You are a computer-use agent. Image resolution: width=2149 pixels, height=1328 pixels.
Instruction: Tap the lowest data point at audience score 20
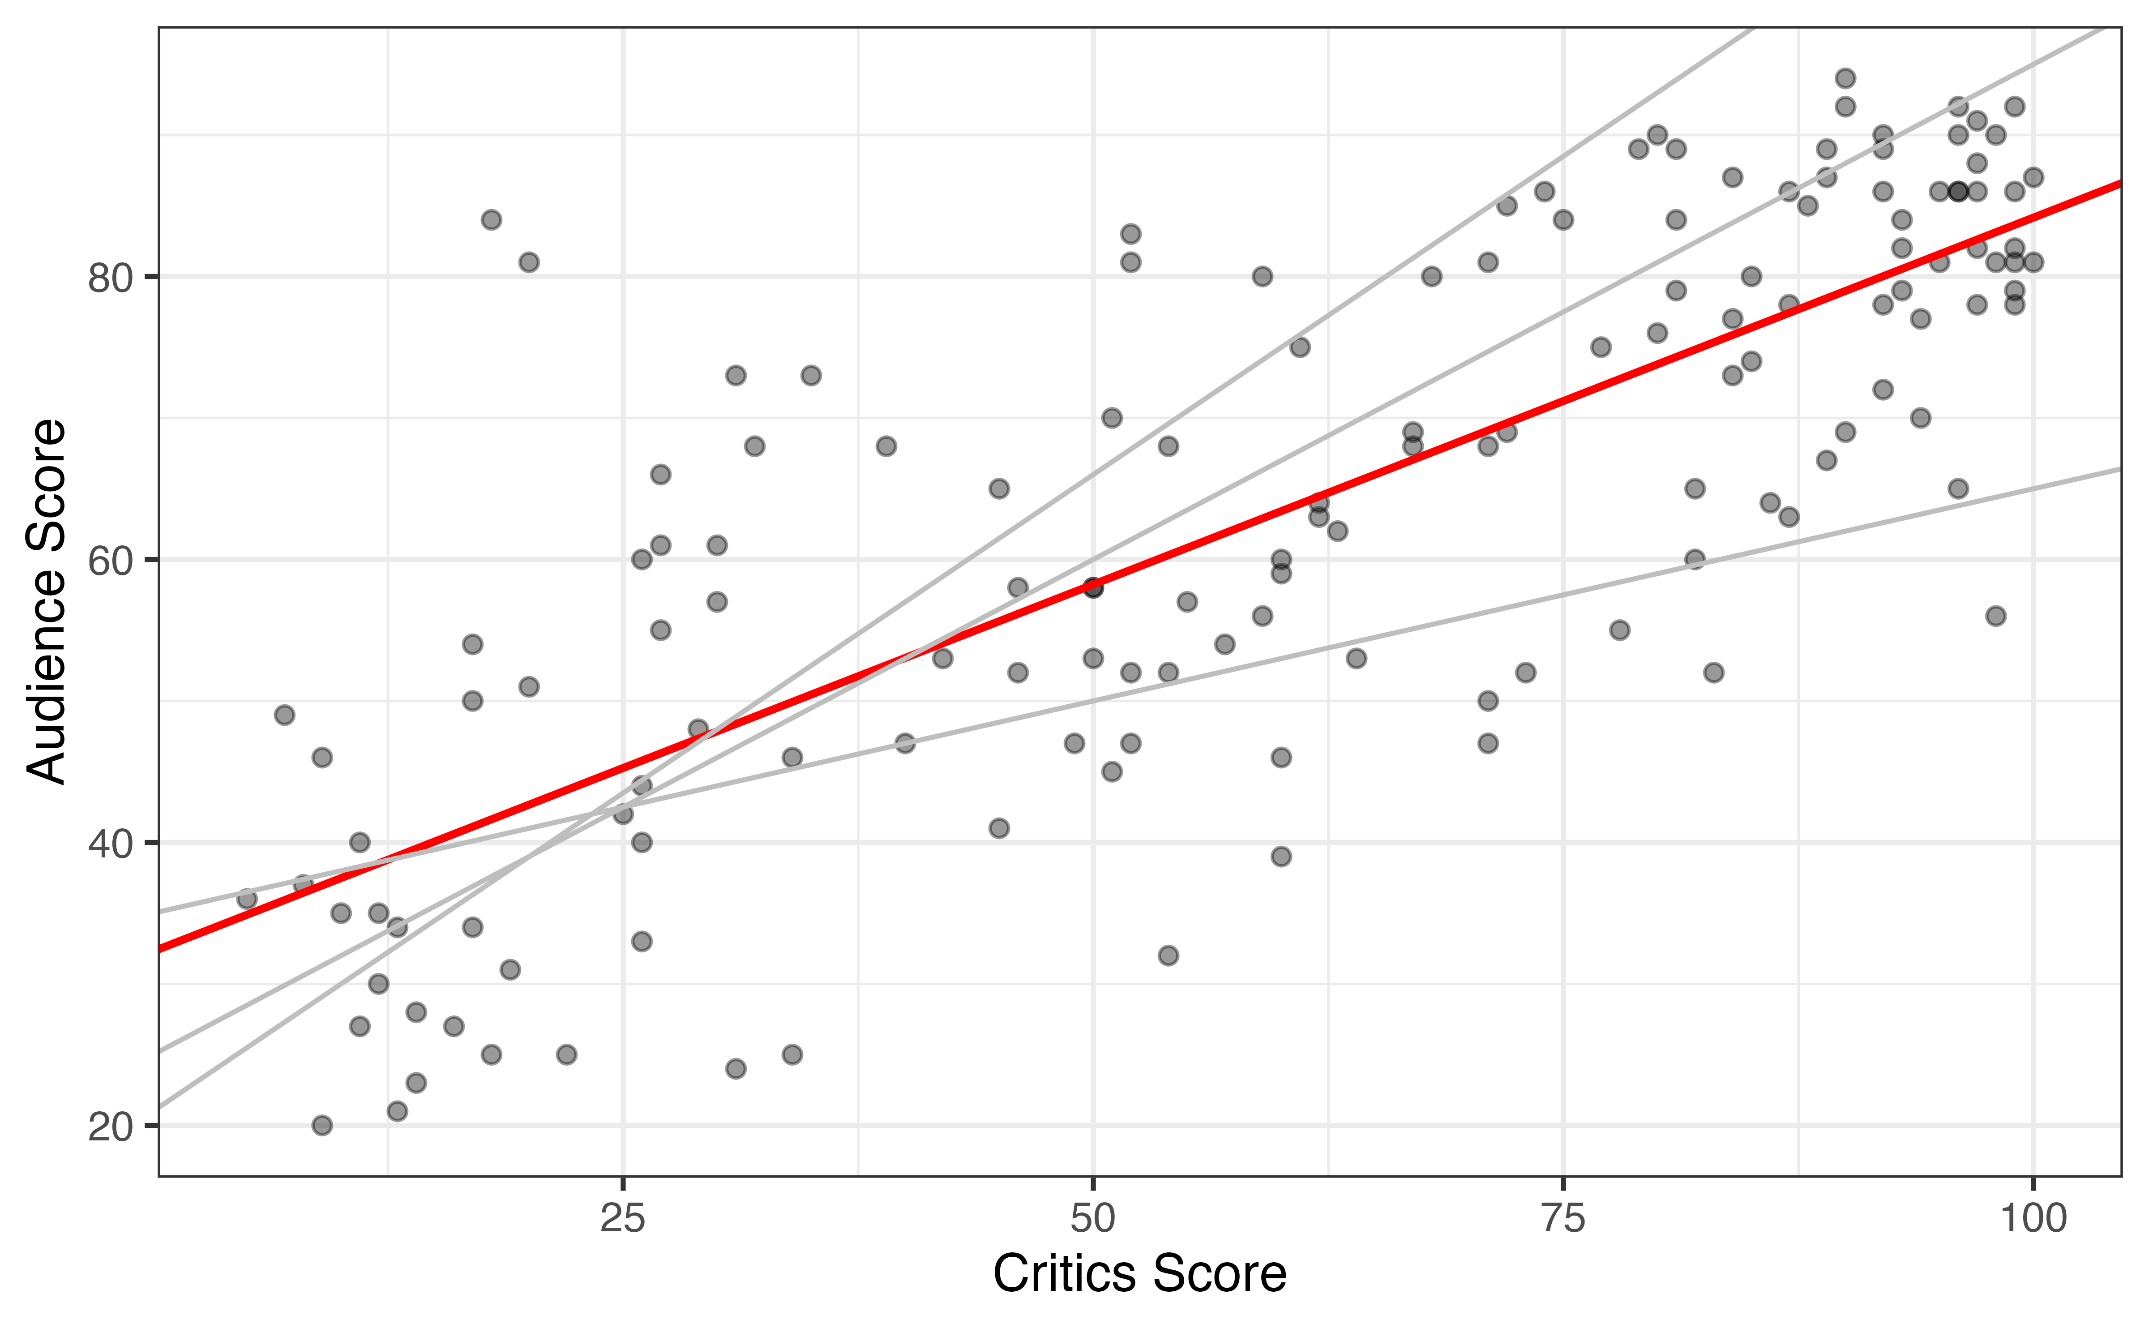(x=322, y=1125)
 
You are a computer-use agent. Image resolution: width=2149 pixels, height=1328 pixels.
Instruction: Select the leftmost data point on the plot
(x=247, y=899)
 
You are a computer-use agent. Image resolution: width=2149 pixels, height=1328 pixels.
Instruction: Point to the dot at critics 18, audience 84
(x=491, y=219)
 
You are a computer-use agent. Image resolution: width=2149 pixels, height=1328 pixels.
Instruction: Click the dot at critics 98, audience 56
(x=1995, y=616)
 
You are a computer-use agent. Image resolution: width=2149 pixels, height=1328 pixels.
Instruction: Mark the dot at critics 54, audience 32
(x=1168, y=955)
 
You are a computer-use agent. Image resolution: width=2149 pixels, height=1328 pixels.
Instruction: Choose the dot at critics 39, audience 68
(x=886, y=446)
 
